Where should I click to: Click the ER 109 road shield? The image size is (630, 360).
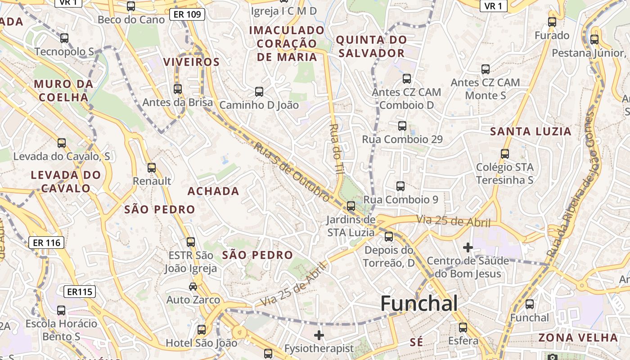(x=187, y=14)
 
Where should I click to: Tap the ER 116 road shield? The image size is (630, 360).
(x=47, y=243)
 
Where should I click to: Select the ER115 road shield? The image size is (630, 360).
(x=80, y=292)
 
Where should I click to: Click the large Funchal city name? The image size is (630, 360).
(x=419, y=304)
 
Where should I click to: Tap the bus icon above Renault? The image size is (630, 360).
(x=152, y=168)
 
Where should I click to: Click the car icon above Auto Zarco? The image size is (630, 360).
(x=193, y=286)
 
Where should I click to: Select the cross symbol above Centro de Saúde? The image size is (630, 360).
(x=468, y=247)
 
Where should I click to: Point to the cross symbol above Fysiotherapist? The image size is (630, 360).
(x=319, y=335)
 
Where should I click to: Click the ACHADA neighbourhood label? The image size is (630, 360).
(x=213, y=191)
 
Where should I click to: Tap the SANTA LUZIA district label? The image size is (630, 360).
(x=531, y=131)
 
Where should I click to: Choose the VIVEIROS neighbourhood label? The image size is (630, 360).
(x=192, y=62)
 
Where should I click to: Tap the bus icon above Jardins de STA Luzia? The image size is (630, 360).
(x=351, y=206)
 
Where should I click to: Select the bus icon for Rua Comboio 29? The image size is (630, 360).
(x=402, y=126)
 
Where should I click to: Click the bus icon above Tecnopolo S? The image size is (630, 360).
(x=64, y=38)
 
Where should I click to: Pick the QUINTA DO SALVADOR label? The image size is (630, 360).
(x=372, y=46)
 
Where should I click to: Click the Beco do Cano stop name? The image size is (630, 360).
(x=125, y=20)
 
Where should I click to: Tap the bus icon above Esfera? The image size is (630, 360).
(x=463, y=327)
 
